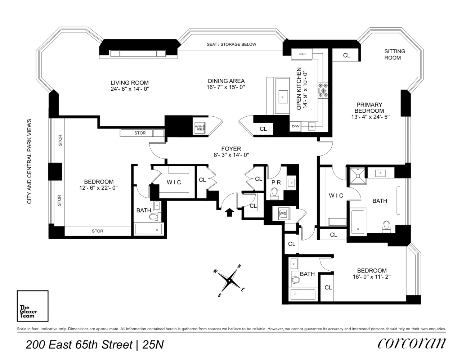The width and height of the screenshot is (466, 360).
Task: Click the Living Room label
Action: pyautogui.click(x=130, y=83)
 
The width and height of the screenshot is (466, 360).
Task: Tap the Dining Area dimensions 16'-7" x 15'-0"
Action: pyautogui.click(x=226, y=87)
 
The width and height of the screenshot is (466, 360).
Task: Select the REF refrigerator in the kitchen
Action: pyautogui.click(x=303, y=54)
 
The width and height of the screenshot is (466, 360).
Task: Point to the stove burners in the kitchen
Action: pyautogui.click(x=323, y=90)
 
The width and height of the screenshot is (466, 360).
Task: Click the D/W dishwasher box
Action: pyautogui.click(x=296, y=126)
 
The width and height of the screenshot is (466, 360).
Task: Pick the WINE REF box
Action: pyautogui.click(x=200, y=128)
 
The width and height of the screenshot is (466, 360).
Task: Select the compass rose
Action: pyautogui.click(x=229, y=280)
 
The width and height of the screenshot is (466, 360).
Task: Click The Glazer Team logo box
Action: pyautogui.click(x=33, y=306)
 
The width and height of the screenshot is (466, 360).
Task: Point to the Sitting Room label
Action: pyautogui.click(x=395, y=54)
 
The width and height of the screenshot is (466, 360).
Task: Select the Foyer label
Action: pyautogui.click(x=231, y=149)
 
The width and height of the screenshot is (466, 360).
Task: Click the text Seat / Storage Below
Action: pyautogui.click(x=232, y=44)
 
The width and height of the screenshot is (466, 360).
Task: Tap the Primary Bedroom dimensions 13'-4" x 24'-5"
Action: pyautogui.click(x=370, y=117)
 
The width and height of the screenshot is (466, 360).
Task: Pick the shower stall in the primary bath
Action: pyautogui.click(x=358, y=176)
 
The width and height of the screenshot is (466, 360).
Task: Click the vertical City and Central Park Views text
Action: pyautogui.click(x=30, y=161)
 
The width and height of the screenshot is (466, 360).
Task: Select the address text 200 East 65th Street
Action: pyautogui.click(x=79, y=345)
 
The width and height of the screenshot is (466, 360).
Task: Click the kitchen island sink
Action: pyautogui.click(x=282, y=96)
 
